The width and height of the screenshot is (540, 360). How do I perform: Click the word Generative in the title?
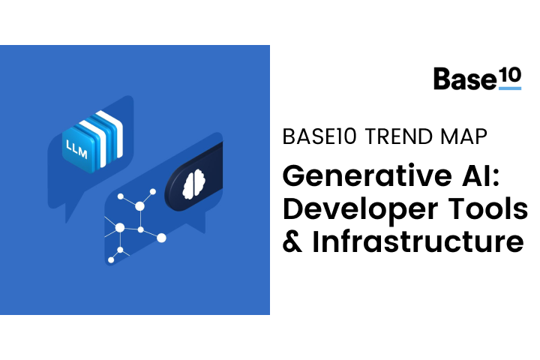(367, 175)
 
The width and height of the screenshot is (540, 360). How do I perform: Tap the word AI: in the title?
(481, 175)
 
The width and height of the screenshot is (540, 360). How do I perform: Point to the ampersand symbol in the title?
(292, 241)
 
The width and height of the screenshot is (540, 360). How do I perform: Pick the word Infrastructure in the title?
(418, 241)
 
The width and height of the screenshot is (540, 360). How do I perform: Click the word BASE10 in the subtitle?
(319, 136)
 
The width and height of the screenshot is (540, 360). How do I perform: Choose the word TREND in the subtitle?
(398, 136)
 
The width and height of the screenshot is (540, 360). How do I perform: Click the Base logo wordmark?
(465, 79)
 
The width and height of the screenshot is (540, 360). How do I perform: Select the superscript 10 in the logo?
(510, 75)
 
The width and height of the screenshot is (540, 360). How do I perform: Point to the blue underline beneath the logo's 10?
(510, 88)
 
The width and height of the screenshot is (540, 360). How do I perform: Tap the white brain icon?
(194, 184)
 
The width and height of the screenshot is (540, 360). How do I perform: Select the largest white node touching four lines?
(120, 227)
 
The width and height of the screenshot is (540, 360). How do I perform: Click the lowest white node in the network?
(111, 260)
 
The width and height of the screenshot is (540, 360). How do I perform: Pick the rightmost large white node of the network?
(161, 238)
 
